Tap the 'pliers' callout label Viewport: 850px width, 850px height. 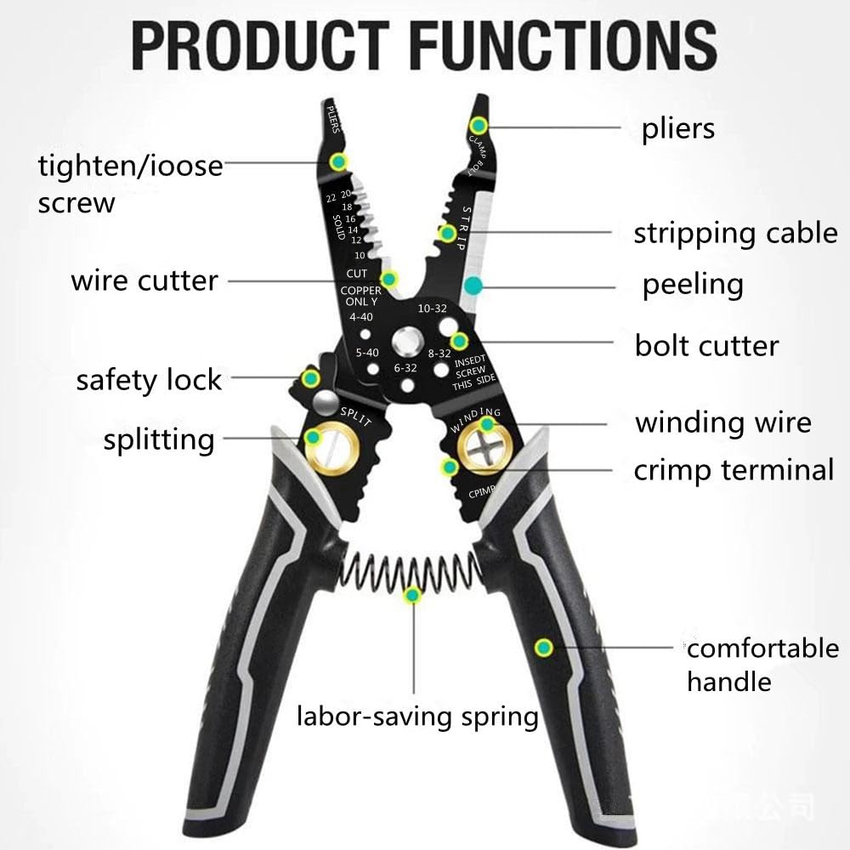point(678,129)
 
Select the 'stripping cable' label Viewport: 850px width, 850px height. point(735,233)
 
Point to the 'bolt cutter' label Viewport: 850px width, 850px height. point(706,346)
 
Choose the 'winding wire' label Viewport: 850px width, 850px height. point(723,422)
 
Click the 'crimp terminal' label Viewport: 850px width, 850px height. point(734,470)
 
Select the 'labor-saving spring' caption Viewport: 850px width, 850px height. point(417,717)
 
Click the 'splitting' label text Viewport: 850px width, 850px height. point(159,440)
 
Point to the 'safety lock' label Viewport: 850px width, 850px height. point(149,380)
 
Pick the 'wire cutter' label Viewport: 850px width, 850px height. point(144,280)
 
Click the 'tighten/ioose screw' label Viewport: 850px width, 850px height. point(129,183)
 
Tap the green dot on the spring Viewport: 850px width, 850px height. point(413,595)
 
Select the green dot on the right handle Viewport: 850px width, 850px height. point(543,649)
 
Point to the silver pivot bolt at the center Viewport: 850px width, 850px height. point(405,344)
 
